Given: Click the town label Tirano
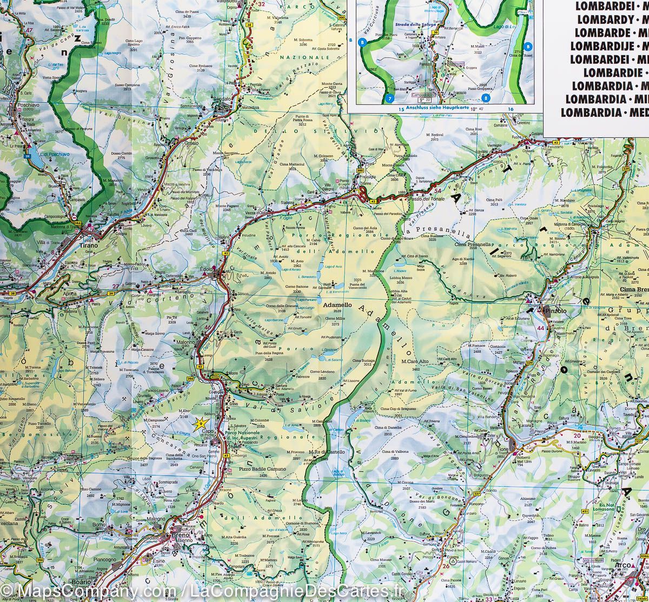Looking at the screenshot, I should [88, 245].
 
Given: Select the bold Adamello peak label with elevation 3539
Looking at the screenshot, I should [337, 305].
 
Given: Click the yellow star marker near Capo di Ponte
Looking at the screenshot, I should [201, 422].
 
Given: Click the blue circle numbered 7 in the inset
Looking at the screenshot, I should [389, 98].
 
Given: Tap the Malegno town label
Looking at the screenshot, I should [156, 519].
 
